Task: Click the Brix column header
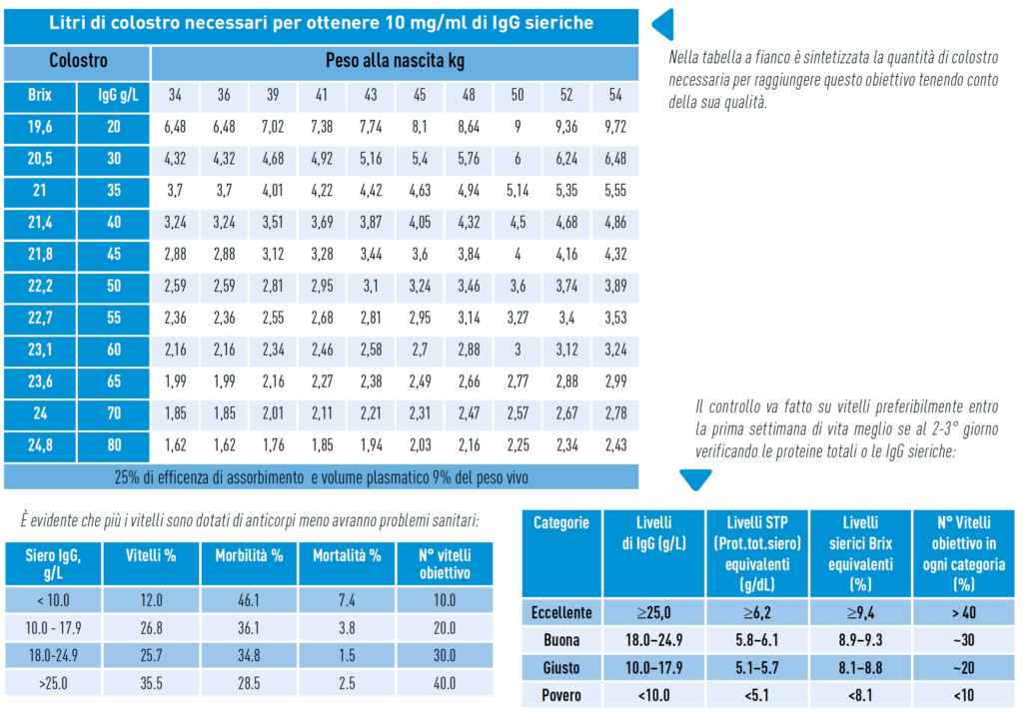point(39,96)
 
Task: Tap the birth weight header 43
point(371,96)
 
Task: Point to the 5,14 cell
point(516,190)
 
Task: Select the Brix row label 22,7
point(39,319)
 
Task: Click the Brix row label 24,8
point(39,445)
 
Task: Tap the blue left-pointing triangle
point(662,25)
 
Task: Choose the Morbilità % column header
point(249,555)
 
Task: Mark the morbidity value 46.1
point(249,600)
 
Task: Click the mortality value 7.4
point(347,600)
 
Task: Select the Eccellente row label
point(562,612)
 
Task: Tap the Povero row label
point(562,695)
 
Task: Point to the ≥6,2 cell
point(758,612)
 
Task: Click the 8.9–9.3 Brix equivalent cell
point(860,639)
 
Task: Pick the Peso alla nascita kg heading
point(395,61)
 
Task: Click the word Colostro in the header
point(78,61)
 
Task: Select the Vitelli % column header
point(152,555)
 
